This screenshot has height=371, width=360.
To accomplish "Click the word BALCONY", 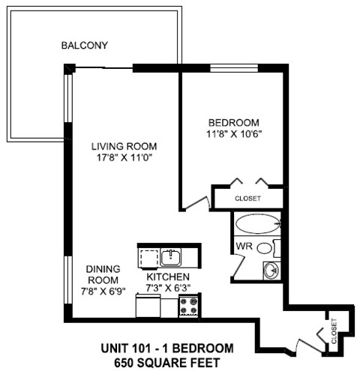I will (x=85, y=46).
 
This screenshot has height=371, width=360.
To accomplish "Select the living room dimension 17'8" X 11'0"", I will (x=123, y=158).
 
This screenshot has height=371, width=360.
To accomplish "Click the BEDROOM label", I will (x=233, y=122).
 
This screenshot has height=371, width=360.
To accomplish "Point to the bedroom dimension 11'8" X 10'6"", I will (x=233, y=134).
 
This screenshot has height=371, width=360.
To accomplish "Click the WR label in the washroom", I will (x=244, y=246).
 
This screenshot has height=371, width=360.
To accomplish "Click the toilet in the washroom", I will (x=276, y=249).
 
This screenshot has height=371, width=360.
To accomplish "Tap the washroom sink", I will (x=269, y=269).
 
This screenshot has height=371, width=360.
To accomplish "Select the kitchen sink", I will (x=171, y=259).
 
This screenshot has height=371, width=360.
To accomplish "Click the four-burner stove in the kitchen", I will (x=188, y=306).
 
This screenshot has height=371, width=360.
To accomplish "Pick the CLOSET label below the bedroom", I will (x=247, y=199).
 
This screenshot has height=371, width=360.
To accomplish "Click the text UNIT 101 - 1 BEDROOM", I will (x=167, y=348).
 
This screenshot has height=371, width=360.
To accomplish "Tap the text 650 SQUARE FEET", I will (x=167, y=361).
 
